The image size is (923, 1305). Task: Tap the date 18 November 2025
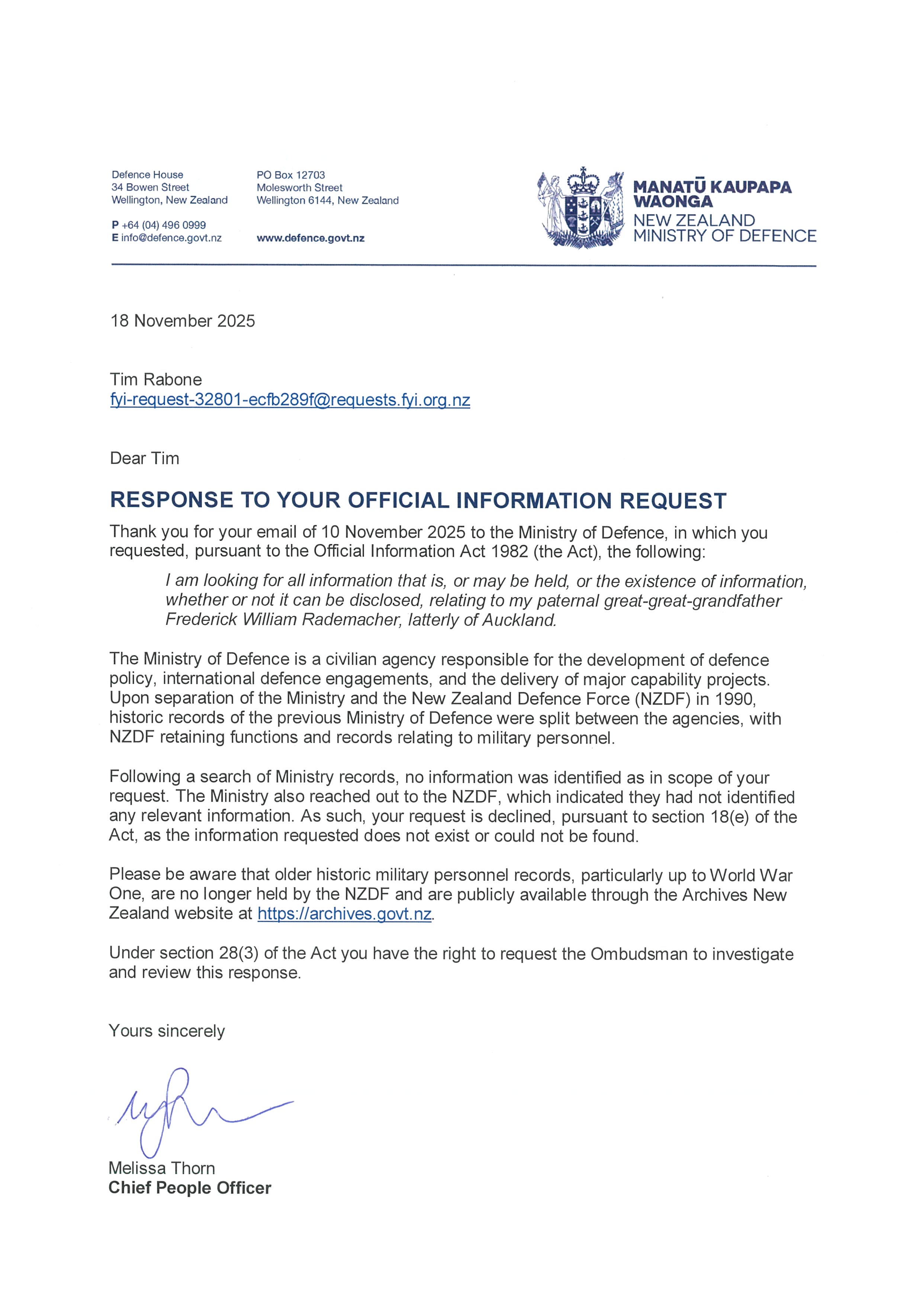click(x=183, y=321)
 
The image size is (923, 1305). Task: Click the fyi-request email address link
click(x=290, y=400)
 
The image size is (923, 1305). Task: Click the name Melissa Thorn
click(x=162, y=1169)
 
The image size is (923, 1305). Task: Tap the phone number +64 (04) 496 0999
click(x=164, y=225)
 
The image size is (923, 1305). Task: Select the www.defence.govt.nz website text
click(x=310, y=239)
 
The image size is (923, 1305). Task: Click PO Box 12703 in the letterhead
click(x=290, y=175)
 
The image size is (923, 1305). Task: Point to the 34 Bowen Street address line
click(x=150, y=187)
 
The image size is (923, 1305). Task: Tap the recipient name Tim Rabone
click(x=156, y=380)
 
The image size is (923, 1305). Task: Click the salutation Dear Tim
click(x=144, y=459)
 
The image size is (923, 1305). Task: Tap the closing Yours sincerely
click(x=167, y=1031)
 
